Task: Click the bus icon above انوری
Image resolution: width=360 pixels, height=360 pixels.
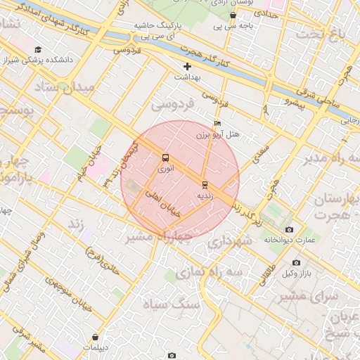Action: coord(165,157)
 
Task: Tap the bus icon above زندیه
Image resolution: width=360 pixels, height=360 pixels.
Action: coord(205,185)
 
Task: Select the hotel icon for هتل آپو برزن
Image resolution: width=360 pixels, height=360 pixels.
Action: coord(217,123)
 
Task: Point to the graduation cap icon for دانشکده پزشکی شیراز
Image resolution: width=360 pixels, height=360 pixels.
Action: coord(37,49)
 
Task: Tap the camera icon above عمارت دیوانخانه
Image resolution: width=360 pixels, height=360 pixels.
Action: coord(289,230)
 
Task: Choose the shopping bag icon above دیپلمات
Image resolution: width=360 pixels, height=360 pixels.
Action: coord(95,337)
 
